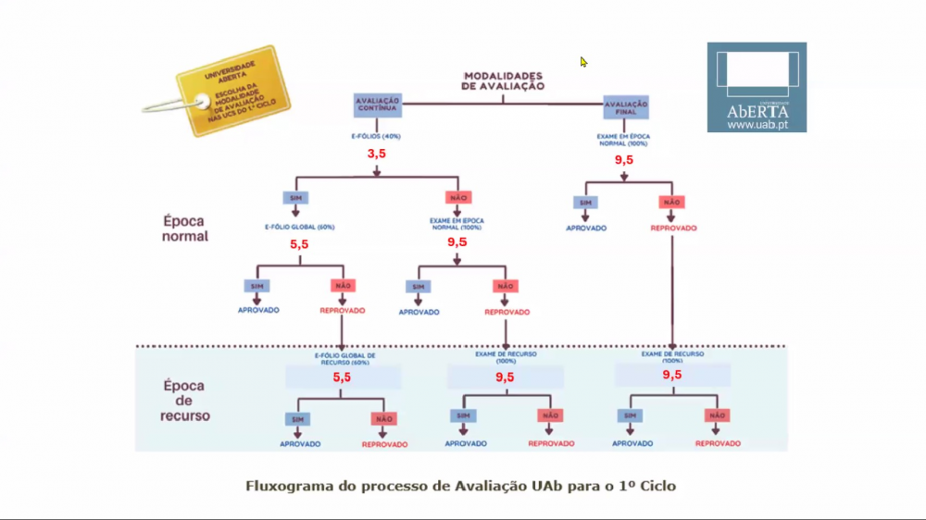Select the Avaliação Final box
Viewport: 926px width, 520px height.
[626, 105]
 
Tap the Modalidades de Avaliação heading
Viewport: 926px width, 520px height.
[503, 80]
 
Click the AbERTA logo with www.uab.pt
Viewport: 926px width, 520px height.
[757, 87]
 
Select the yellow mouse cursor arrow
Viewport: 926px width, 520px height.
[583, 62]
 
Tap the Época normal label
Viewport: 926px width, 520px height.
[186, 229]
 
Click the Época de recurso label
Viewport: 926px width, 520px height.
[186, 400]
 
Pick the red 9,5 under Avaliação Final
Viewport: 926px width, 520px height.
[624, 160]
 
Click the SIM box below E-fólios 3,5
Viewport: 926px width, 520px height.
[295, 198]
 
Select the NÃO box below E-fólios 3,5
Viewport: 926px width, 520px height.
[458, 198]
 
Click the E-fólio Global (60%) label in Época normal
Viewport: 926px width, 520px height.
[299, 227]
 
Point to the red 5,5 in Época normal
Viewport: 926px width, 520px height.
[300, 245]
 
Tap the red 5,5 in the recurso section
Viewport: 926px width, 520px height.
[342, 378]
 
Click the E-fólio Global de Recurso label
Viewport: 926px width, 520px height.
[343, 358]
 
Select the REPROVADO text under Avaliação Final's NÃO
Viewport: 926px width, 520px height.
[673, 228]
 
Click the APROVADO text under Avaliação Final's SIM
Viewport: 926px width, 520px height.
[585, 228]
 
